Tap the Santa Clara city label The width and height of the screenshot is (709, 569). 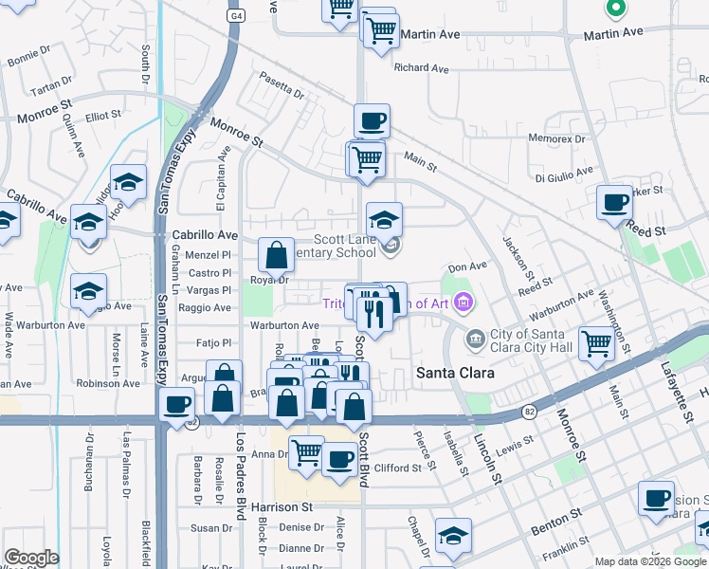pos(455,374)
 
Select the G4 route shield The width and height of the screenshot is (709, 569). pos(234,16)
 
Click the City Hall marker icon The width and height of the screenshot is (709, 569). pos(475,337)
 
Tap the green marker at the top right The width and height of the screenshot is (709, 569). pos(615,9)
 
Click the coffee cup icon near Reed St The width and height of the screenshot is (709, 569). pos(614,202)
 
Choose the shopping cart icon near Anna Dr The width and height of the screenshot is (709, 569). pos(305,452)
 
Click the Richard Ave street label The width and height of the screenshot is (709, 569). pos(421,68)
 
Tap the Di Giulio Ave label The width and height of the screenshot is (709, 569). pos(563,174)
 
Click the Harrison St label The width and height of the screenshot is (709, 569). pos(282,507)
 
